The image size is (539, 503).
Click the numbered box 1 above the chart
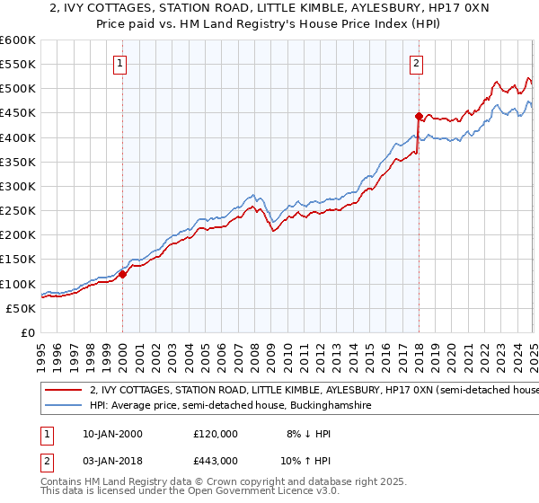pos(121,63)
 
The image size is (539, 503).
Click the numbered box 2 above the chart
pos(418,63)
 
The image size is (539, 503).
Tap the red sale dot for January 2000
pos(123,274)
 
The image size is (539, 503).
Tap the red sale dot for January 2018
pos(419,116)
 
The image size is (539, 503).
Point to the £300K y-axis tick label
pos(19,186)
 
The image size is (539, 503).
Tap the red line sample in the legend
pos(64,391)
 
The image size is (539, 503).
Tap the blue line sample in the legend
pos(64,406)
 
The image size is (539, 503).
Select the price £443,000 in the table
pos(216,461)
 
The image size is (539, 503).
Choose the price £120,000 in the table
pos(216,433)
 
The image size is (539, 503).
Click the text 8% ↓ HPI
pos(305,433)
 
